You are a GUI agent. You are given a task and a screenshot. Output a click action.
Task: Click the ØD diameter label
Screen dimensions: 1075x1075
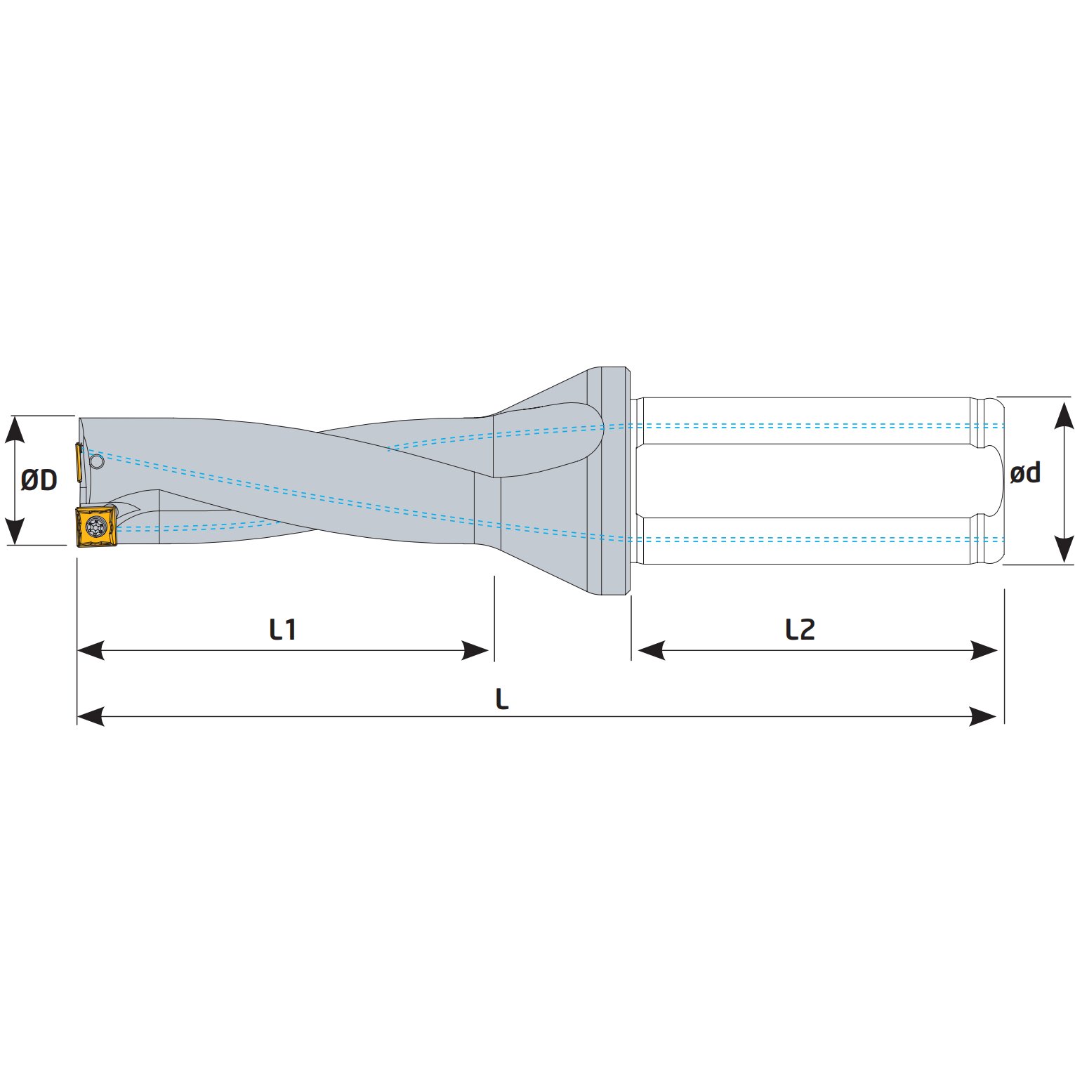pyautogui.click(x=39, y=480)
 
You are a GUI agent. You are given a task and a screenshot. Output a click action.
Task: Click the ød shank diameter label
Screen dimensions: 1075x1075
pyautogui.click(x=1024, y=473)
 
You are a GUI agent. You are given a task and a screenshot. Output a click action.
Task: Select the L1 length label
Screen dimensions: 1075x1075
pyautogui.click(x=283, y=629)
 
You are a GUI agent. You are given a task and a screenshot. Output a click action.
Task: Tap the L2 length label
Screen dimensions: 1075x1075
pyautogui.click(x=800, y=629)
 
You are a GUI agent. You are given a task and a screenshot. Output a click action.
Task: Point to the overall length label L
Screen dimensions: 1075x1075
pyautogui.click(x=501, y=699)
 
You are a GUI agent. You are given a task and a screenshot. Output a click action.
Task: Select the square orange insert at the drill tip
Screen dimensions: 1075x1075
pyautogui.click(x=96, y=526)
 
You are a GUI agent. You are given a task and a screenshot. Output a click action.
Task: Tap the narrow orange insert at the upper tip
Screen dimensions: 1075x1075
pyautogui.click(x=79, y=462)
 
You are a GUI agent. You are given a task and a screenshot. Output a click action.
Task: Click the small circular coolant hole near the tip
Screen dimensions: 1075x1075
pyautogui.click(x=97, y=461)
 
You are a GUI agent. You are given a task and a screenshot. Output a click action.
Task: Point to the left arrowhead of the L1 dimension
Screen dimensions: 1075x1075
pyautogui.click(x=91, y=650)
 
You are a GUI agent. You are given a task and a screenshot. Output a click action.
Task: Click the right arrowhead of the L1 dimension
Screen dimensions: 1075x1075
pyautogui.click(x=475, y=650)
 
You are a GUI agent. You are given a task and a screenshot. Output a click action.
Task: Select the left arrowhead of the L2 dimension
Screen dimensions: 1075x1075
pyautogui.click(x=651, y=650)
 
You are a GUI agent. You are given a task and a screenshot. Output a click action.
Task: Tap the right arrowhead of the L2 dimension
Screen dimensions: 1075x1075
pyautogui.click(x=984, y=650)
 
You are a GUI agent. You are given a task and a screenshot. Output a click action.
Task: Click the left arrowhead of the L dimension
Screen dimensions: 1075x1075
pyautogui.click(x=91, y=717)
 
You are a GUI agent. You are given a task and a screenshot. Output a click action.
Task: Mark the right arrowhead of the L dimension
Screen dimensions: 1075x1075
pyautogui.click(x=983, y=717)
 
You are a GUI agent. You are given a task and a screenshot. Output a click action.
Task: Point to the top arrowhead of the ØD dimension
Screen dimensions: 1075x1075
pyautogui.click(x=15, y=430)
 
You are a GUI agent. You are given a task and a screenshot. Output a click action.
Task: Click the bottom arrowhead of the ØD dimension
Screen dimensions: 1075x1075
pyautogui.click(x=15, y=531)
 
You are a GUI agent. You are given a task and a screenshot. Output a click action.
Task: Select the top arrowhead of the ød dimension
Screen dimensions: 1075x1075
pyautogui.click(x=1065, y=414)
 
